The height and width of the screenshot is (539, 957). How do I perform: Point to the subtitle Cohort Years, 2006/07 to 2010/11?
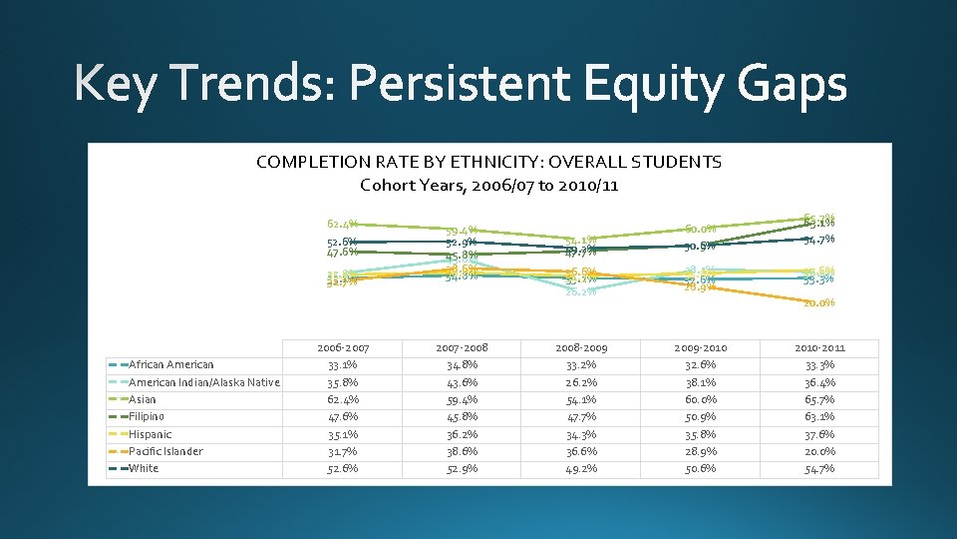point(488,185)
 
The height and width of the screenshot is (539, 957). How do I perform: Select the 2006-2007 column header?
point(342,347)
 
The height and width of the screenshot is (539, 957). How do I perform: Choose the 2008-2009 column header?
point(580,347)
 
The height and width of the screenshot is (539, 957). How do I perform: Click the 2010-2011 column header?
point(819,347)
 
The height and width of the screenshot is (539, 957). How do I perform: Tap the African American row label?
point(170,364)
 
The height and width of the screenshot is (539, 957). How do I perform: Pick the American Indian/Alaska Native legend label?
point(204,382)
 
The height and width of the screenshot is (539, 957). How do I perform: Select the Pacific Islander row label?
point(165,451)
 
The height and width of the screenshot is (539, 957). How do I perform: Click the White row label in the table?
point(144,468)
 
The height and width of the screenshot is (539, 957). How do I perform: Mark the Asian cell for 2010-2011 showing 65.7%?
point(819,399)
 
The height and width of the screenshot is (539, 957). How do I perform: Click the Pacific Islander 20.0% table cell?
point(819,451)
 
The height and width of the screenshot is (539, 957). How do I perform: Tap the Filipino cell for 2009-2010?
point(700,416)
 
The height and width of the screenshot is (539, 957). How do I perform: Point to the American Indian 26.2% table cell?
point(580,382)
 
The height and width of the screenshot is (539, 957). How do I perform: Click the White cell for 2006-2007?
point(342,469)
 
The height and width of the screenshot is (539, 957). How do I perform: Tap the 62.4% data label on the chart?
point(342,224)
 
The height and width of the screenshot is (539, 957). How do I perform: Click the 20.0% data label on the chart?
point(819,303)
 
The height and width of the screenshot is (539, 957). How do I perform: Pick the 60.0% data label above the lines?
point(700,229)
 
